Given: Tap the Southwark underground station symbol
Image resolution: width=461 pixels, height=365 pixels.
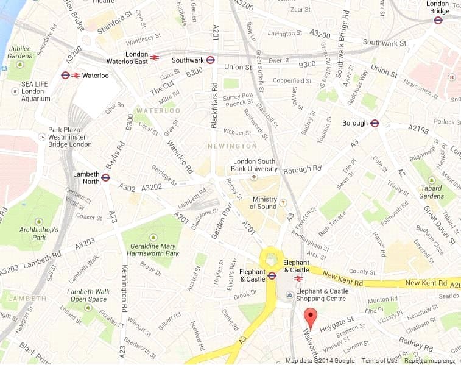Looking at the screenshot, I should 211,60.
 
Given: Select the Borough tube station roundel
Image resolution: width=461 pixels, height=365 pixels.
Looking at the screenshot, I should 375,123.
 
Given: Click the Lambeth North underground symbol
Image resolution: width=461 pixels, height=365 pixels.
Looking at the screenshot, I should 105,177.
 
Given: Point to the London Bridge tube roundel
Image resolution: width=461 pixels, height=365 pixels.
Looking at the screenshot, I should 438,20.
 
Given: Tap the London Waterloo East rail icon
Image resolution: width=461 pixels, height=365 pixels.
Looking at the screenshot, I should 154,58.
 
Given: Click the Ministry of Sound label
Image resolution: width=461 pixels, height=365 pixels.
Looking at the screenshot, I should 264,203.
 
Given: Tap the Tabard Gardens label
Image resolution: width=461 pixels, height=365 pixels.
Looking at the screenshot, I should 432,192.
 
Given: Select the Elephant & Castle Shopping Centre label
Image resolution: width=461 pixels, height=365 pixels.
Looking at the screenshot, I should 322,295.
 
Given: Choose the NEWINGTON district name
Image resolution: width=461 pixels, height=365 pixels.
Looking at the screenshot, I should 232,146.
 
